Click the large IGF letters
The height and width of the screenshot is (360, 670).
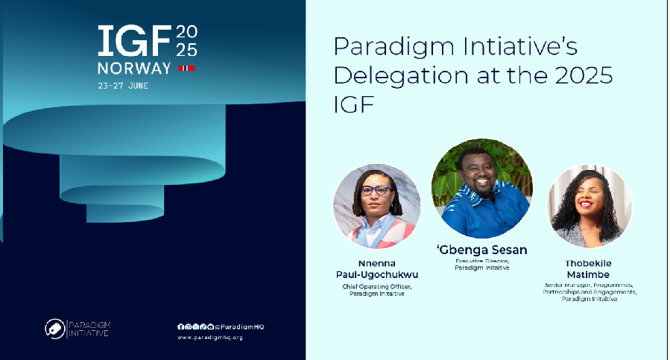[x=134, y=42]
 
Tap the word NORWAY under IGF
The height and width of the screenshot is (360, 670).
[x=134, y=69]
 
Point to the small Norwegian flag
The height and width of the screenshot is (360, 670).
[x=186, y=69]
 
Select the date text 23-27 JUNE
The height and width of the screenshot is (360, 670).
[x=124, y=86]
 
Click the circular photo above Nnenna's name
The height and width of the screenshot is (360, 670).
[x=376, y=206]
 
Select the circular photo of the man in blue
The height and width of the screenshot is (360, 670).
[x=481, y=188]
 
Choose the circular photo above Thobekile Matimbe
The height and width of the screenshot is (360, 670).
[x=590, y=206]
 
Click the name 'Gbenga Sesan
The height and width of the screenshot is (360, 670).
[x=481, y=249]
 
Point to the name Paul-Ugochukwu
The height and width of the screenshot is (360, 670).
[x=377, y=275]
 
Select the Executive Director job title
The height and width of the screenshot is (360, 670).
[x=481, y=261]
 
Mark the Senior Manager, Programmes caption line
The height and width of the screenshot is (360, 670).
[x=590, y=285]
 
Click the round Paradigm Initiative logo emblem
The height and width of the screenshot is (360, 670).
[x=54, y=328]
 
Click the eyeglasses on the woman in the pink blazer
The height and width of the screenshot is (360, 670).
[x=376, y=191]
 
